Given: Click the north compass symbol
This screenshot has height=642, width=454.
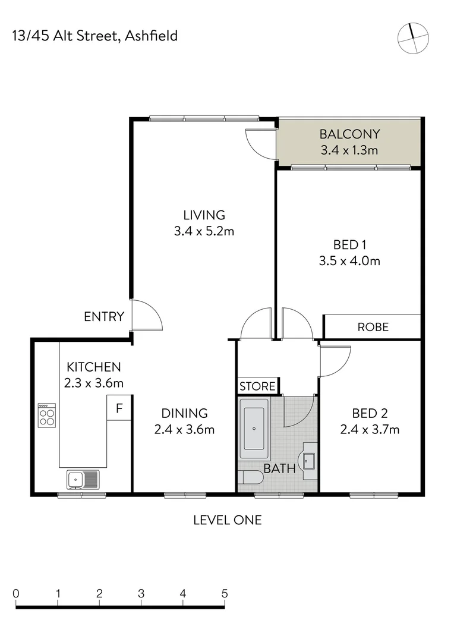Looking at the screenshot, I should (x=412, y=37).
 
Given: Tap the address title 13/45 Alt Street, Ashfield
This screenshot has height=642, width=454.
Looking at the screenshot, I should (x=94, y=36).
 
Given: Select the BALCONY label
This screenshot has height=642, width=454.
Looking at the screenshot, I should (x=349, y=134).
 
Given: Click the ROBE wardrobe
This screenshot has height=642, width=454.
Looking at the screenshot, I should (x=373, y=326).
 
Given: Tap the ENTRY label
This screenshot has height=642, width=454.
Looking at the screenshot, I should (x=104, y=317).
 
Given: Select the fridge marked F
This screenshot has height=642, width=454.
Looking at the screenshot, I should (x=119, y=408).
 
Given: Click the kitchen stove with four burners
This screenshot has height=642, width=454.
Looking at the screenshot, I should (x=47, y=415).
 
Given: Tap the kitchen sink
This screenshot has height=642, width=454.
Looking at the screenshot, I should (x=83, y=478).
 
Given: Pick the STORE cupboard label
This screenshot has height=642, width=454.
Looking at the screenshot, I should (x=257, y=386).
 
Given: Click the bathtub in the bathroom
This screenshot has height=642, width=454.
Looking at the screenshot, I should (x=254, y=429).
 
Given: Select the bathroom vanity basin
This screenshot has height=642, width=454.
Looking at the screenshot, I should (x=309, y=460).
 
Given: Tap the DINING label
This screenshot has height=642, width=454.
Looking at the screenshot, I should (x=184, y=413).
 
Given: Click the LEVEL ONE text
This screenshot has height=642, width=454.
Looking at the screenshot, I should (x=227, y=520).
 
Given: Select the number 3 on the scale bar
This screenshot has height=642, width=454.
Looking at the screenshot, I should (x=141, y=593).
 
